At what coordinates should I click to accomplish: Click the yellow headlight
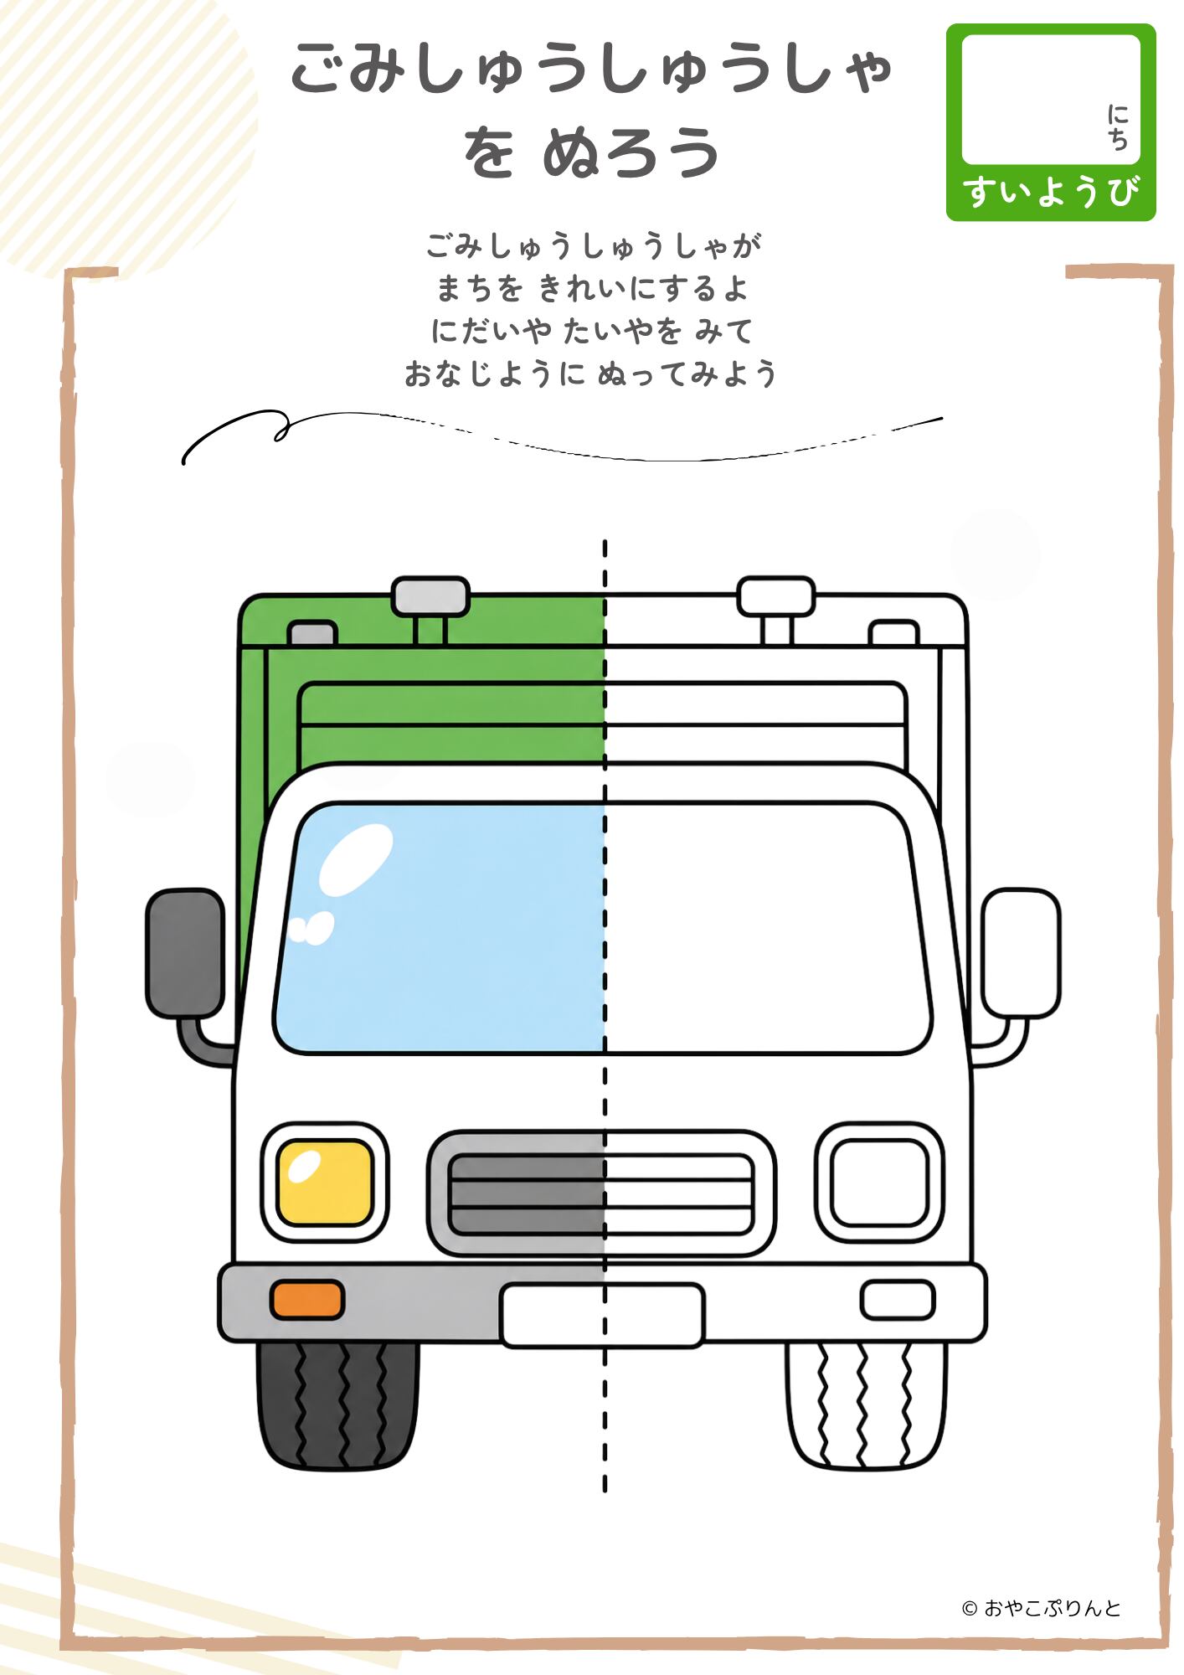tap(325, 1182)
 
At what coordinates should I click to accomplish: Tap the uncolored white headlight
tap(880, 1182)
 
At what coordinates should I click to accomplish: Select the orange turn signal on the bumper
tap(307, 1300)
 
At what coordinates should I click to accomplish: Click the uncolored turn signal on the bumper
tap(898, 1300)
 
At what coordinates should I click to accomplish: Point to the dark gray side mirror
tap(185, 953)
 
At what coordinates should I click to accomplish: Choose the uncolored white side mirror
tap(1021, 953)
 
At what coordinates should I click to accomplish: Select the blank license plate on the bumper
tap(603, 1315)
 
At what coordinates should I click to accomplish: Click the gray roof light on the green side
tap(430, 596)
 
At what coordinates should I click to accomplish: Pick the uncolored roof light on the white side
tap(776, 596)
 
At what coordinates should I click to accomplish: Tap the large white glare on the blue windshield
tap(356, 859)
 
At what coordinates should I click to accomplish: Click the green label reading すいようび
tap(1051, 192)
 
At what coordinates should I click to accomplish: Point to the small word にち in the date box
tap(1118, 127)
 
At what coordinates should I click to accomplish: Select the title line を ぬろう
tap(591, 152)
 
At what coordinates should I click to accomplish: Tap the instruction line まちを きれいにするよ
tap(591, 289)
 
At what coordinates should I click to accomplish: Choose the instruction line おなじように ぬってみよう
tap(591, 374)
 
